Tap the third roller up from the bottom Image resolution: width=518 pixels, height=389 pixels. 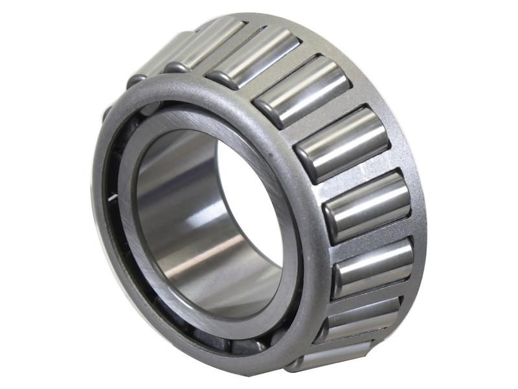tap(374, 267)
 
